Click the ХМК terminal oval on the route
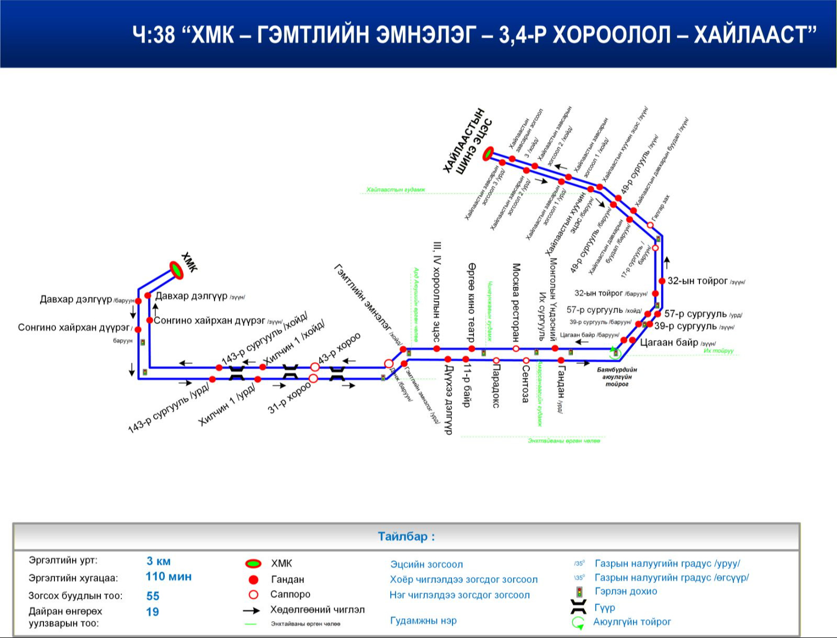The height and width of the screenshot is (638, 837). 176,270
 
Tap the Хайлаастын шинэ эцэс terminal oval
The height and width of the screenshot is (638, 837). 489,153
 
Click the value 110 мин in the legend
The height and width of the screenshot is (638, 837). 168,577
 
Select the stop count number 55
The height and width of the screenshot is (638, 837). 153,596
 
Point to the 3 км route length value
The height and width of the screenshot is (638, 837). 159,561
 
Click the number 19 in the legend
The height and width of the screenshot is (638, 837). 152,612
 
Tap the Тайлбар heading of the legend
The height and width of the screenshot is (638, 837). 406,536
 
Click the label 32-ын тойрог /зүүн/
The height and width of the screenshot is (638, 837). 706,281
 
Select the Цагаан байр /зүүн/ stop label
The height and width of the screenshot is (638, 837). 677,343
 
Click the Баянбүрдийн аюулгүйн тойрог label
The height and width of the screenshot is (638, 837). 617,377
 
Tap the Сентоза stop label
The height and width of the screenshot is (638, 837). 526,384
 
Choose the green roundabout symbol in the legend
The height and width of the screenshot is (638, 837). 578,622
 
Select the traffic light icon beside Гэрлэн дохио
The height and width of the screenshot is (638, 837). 579,592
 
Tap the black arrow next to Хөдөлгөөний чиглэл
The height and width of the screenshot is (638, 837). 252,610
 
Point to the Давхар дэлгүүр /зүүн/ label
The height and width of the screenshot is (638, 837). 200,296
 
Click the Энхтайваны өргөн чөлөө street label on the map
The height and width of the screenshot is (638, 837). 564,441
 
